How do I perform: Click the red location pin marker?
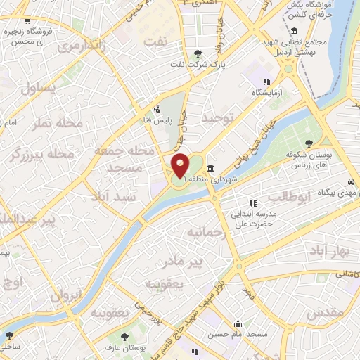(181, 166)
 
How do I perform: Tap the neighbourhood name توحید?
(217, 118)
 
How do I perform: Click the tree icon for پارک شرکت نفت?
(200, 53)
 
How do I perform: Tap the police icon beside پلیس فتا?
(157, 109)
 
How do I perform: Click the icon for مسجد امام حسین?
(239, 324)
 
